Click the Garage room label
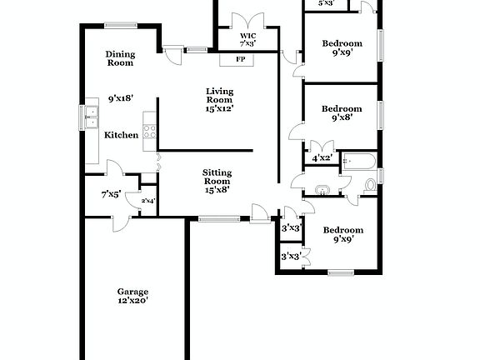pos(132,291)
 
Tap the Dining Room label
pos(120,58)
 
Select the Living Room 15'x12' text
pos(220,99)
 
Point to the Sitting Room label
pos(217,181)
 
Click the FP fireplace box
pos(240,59)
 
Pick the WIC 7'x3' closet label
pos(247,38)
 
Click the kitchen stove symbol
pos(150,131)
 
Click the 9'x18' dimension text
pos(121,98)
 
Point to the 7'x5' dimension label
pos(111,195)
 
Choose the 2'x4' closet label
pos(148,200)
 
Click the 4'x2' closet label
pos(322,157)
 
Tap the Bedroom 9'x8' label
pos(342,113)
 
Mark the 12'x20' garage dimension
pos(132,300)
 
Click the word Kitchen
pos(121,135)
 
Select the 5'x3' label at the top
pos(327,3)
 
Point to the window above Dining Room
pos(121,24)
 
